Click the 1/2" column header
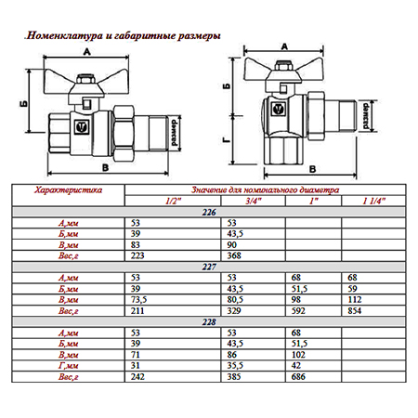173,202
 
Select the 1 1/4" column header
374,202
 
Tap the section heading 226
209,213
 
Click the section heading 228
209,322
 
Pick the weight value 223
137,255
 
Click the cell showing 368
234,255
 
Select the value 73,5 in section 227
138,300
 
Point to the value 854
355,310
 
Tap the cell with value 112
355,300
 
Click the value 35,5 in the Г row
235,366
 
